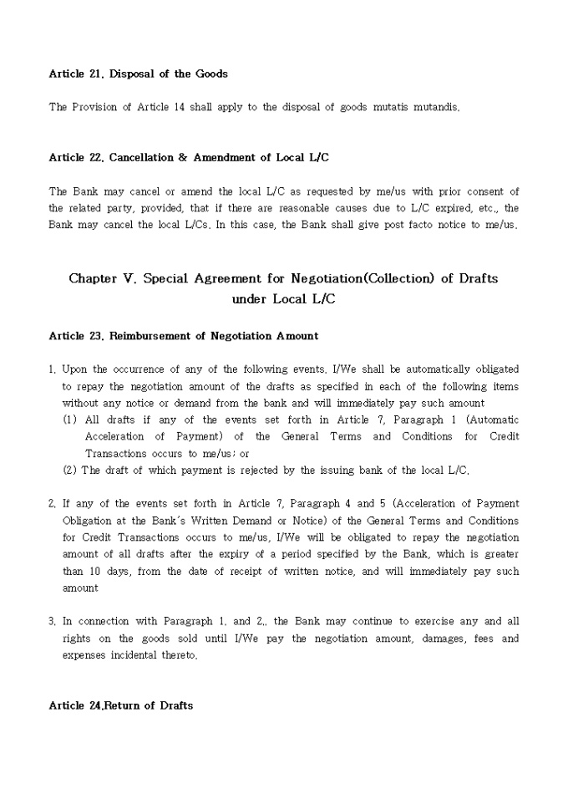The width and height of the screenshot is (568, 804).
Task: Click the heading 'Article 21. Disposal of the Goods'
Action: coord(138,74)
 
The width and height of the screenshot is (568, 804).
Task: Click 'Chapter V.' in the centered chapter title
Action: coord(103,279)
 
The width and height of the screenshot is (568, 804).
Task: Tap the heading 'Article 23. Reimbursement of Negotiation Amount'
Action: coord(184,336)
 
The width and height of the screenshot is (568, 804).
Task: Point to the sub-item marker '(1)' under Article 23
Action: coord(71,420)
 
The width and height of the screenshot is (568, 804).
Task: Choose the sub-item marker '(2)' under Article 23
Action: coord(71,471)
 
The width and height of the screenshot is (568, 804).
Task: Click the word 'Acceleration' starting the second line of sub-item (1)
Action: coord(114,436)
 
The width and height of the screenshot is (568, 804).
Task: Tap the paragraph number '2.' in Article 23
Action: coord(53,504)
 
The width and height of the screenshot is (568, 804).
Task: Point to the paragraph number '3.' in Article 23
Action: coord(53,622)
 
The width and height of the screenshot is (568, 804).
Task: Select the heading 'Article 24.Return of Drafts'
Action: coord(121,705)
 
